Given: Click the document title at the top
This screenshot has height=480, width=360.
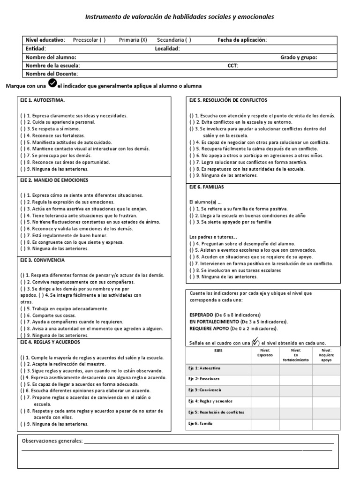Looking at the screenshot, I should click(x=180, y=16).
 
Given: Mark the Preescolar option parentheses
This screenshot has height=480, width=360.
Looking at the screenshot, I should click(x=102, y=40).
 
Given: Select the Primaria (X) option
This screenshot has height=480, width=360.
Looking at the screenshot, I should click(x=133, y=40).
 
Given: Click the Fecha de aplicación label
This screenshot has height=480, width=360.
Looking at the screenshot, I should click(x=242, y=40).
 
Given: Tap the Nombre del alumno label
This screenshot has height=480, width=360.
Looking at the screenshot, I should click(x=51, y=58).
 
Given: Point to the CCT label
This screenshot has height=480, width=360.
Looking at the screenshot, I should click(x=233, y=66).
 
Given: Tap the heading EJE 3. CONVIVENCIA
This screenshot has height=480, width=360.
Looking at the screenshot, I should click(x=43, y=260).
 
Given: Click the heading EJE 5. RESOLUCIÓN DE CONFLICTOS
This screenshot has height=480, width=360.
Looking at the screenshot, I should click(x=228, y=100).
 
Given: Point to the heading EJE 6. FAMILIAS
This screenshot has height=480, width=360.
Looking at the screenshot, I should click(x=207, y=187).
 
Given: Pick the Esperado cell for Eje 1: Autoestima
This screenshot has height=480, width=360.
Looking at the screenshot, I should click(x=265, y=369).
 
